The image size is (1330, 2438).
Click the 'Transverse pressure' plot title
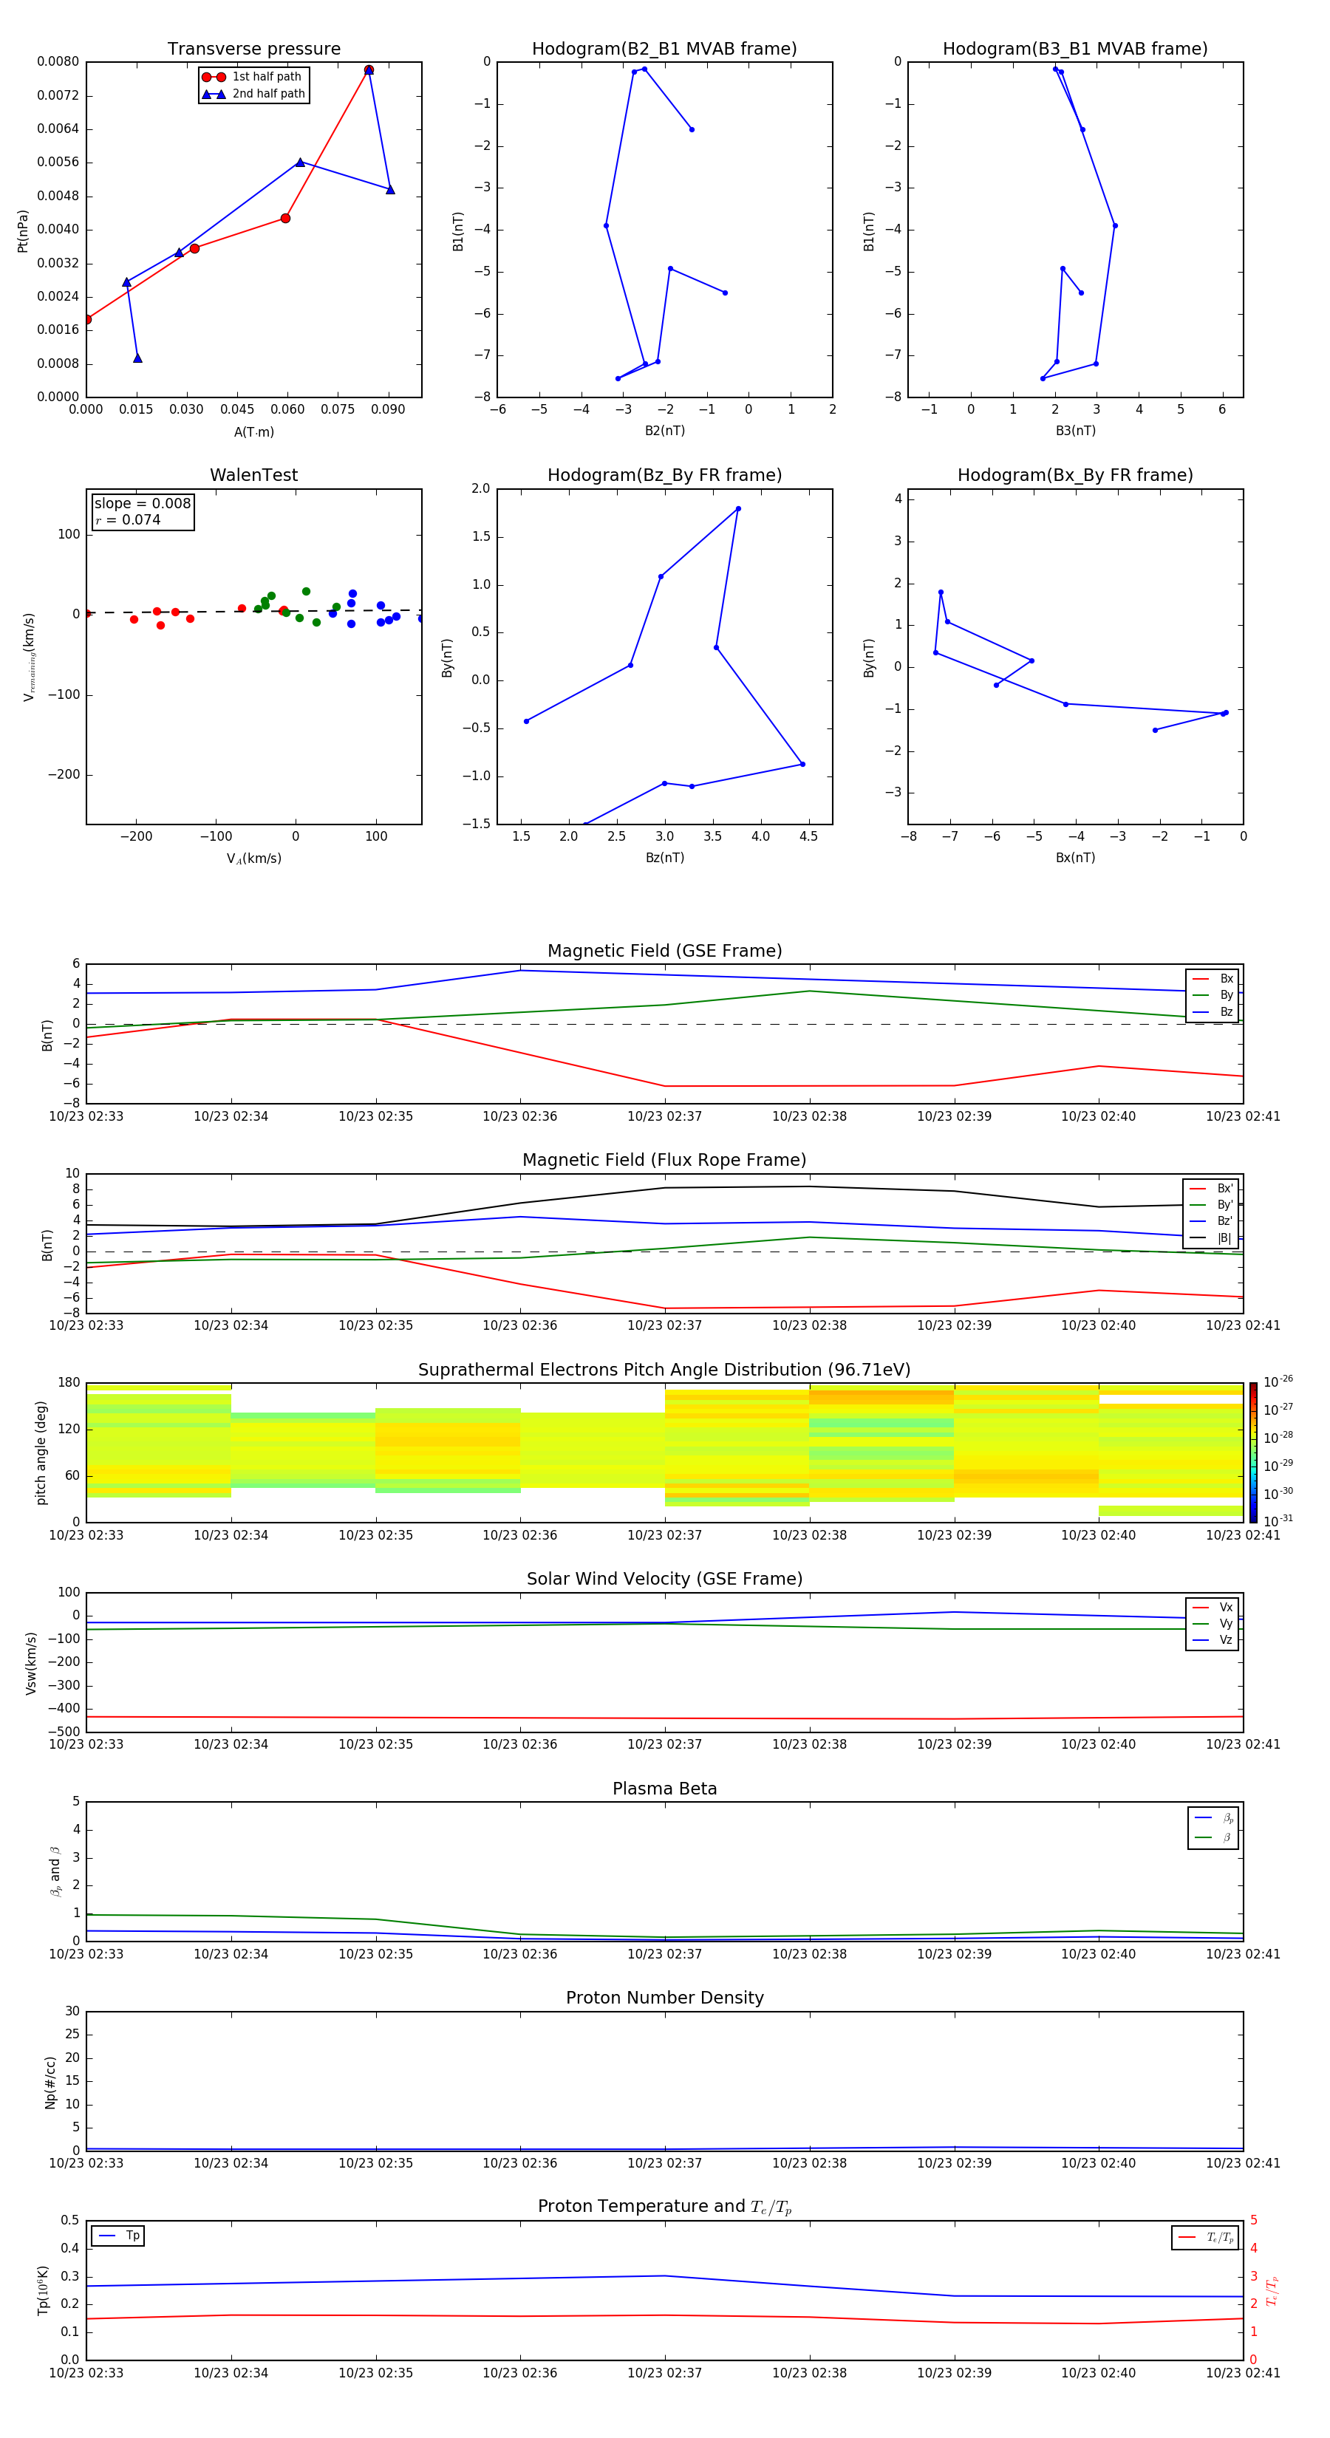point(253,49)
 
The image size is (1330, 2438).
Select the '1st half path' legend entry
point(266,77)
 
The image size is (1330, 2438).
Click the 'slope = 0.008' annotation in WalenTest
point(142,504)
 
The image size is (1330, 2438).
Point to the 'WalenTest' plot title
point(253,475)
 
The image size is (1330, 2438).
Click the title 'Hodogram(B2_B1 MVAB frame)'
point(664,49)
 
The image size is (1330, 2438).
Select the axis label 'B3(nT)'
point(1075,431)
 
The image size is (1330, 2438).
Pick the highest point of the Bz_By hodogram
point(738,509)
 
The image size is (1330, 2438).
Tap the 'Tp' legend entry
point(132,2236)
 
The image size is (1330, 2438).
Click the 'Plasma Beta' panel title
point(664,1789)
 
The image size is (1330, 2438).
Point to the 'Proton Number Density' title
point(664,1998)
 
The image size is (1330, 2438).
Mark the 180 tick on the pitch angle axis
point(69,1383)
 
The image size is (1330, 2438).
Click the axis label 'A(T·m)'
point(253,432)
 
